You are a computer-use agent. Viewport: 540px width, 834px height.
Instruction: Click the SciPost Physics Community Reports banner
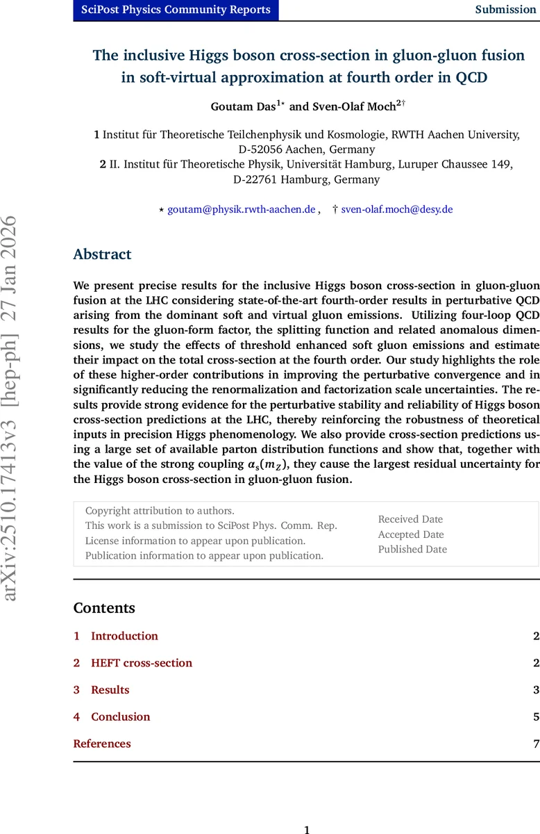point(176,10)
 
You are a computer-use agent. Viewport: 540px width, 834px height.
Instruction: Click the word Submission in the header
point(505,10)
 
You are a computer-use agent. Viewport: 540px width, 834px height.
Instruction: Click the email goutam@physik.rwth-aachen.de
point(242,209)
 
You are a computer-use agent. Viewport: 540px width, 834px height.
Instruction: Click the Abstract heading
point(102,254)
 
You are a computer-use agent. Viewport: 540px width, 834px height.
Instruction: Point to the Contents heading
point(104,608)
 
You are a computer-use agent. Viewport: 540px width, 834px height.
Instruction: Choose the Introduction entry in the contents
point(124,636)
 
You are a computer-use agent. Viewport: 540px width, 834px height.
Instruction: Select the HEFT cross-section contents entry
point(142,663)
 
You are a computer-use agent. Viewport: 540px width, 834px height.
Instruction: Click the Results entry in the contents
point(110,690)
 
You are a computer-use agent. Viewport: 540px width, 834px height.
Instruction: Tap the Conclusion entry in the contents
point(120,717)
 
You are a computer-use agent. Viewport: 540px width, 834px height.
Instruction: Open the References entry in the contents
point(102,744)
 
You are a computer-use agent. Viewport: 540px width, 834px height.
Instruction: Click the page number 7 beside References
point(536,744)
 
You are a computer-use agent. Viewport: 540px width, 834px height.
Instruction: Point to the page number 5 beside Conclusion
point(536,717)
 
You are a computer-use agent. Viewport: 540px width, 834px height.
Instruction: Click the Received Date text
point(410,519)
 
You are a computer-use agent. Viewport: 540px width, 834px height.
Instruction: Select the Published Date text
point(412,549)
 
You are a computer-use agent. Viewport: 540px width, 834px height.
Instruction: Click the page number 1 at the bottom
point(307,828)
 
